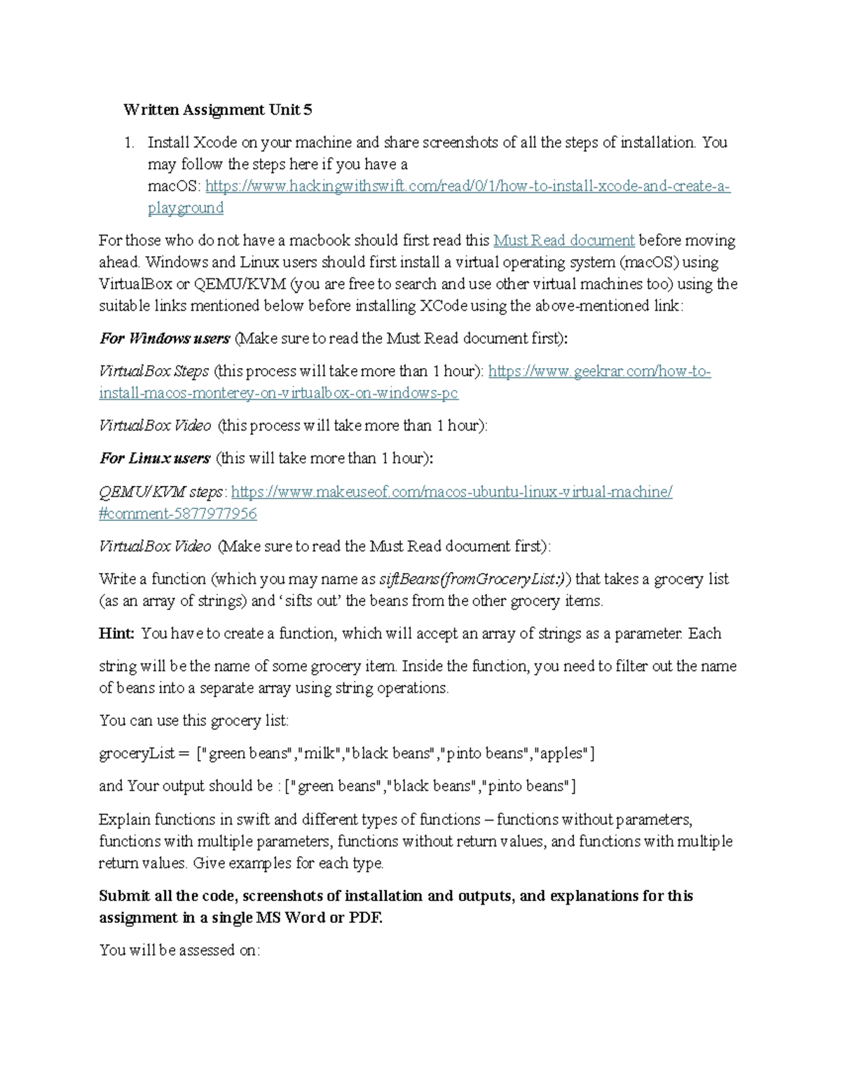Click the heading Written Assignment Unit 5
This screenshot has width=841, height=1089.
[217, 109]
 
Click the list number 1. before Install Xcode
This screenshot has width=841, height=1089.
[129, 142]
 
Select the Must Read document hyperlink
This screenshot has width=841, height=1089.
[563, 241]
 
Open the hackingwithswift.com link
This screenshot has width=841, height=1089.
[467, 187]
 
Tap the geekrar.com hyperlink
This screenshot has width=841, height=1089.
[599, 371]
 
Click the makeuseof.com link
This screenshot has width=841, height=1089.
[451, 492]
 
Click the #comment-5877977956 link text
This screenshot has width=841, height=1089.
[178, 513]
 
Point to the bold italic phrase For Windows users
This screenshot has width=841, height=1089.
[165, 339]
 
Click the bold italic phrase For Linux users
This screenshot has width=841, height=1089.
[155, 459]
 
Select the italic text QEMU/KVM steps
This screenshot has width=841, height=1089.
[162, 492]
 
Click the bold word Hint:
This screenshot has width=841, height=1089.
[116, 634]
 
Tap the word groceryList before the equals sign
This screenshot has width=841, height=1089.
[137, 754]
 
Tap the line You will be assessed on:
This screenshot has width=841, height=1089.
[179, 950]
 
